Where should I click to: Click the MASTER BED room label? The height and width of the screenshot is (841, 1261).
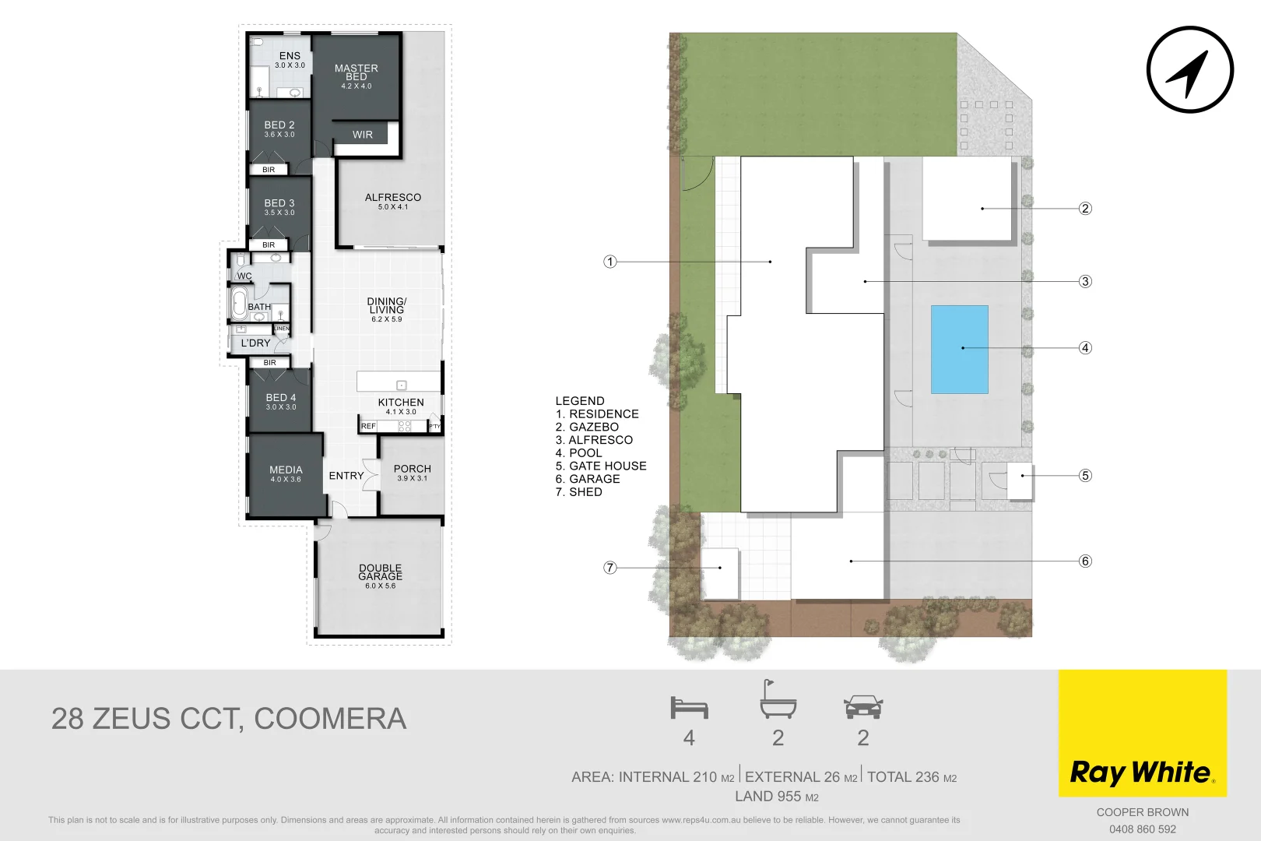(357, 73)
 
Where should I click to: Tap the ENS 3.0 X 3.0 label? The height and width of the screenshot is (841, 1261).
(290, 59)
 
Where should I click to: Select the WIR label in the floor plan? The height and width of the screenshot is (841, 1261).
(363, 135)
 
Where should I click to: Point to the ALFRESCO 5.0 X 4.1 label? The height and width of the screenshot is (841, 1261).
(393, 201)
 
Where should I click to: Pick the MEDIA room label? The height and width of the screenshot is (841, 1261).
(286, 473)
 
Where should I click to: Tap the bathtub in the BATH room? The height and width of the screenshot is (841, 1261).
(239, 303)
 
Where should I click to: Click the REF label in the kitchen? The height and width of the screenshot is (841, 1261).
(368, 426)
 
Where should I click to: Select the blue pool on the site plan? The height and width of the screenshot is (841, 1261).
(960, 349)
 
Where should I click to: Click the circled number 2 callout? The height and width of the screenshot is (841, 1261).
(1085, 209)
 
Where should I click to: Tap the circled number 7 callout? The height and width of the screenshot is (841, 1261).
(610, 568)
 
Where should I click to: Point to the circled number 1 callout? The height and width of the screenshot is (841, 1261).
(610, 262)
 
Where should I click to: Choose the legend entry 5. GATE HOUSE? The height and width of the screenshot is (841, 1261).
(601, 466)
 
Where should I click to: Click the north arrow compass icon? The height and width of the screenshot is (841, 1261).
(1189, 70)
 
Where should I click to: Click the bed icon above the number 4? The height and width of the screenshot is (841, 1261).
(689, 707)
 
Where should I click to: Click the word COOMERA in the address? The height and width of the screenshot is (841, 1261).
(330, 719)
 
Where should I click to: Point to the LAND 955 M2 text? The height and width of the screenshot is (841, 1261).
(776, 797)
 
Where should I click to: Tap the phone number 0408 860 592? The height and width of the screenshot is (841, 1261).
(1142, 829)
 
